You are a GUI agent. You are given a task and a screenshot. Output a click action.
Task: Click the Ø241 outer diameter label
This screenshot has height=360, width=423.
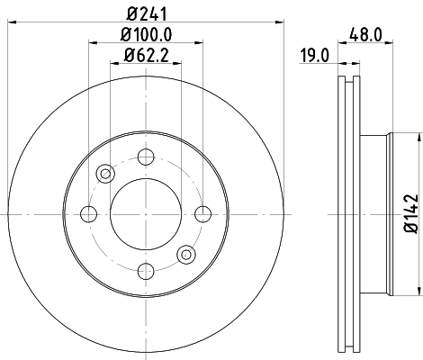click(145, 13)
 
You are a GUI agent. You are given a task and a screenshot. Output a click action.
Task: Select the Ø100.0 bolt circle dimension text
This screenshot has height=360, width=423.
click(146, 36)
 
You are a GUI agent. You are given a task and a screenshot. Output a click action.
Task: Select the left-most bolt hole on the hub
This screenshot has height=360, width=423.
click(88, 214)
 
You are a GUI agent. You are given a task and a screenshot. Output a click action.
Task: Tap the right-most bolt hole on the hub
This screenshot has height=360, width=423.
click(202, 214)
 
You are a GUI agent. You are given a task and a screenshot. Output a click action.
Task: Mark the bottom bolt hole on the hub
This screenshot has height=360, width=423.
click(145, 271)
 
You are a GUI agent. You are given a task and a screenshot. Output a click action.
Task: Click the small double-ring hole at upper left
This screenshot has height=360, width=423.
click(105, 174)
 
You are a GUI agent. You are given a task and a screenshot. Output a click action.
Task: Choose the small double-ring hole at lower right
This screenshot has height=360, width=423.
click(185, 254)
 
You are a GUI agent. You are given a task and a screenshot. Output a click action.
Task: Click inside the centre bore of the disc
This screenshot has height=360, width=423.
click(145, 214)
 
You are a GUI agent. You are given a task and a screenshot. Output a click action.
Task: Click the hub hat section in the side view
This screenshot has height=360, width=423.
click(375, 214)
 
